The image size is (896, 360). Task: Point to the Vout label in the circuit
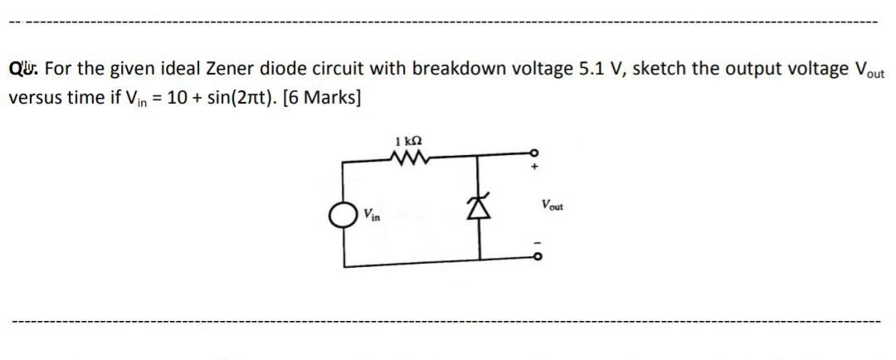[551, 205]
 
